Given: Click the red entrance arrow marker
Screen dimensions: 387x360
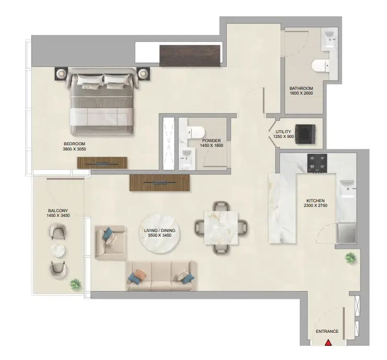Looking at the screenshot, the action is click(x=328, y=343).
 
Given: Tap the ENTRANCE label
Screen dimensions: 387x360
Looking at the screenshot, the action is click(x=327, y=331).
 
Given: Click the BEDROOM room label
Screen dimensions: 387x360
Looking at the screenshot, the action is click(x=74, y=144).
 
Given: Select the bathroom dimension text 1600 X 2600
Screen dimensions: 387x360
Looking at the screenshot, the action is click(x=301, y=93).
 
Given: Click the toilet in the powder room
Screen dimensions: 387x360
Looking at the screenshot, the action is click(x=196, y=132).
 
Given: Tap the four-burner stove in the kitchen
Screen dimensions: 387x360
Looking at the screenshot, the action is click(x=317, y=163).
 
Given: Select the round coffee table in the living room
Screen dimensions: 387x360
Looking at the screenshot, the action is click(x=159, y=233).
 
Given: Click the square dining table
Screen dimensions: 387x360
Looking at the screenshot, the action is click(x=221, y=228).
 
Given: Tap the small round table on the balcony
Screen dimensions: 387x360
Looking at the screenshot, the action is click(x=58, y=251).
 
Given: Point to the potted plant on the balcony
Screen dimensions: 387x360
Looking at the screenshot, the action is click(x=75, y=284).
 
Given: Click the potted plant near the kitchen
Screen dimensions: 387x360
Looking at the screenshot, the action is click(x=350, y=258).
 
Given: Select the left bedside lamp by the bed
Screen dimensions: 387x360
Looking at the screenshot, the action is click(x=61, y=73).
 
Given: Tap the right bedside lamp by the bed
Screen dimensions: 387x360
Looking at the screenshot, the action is click(x=143, y=73).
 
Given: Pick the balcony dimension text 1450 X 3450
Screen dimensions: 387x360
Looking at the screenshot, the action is click(x=58, y=215).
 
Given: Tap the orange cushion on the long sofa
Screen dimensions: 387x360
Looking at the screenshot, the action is click(x=140, y=274).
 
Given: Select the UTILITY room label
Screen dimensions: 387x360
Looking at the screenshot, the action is click(x=283, y=132).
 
